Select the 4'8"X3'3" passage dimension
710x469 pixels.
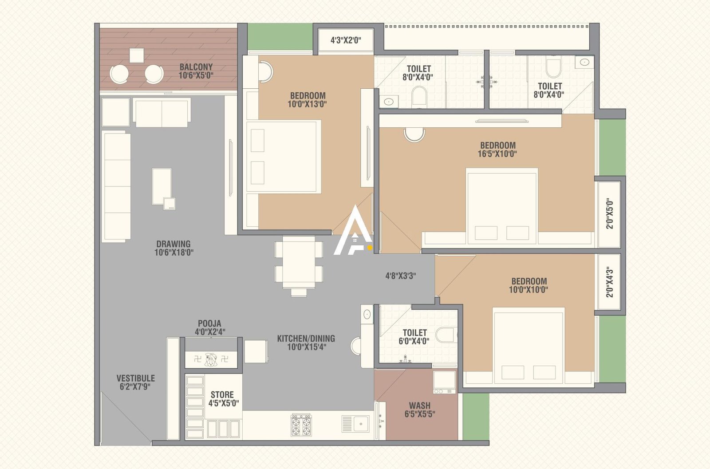[400, 276]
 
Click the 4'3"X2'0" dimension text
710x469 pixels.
[346, 40]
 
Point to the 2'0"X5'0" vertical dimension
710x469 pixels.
[610, 214]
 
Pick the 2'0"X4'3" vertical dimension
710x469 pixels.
[610, 282]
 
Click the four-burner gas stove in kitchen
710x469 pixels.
[301, 425]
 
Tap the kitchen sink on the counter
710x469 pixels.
[355, 424]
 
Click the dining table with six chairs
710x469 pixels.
[299, 264]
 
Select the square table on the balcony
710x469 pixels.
[137, 55]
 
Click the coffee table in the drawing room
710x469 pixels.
[162, 186]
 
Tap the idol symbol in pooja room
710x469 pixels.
[211, 359]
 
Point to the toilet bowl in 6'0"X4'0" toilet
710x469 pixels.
[445, 335]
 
